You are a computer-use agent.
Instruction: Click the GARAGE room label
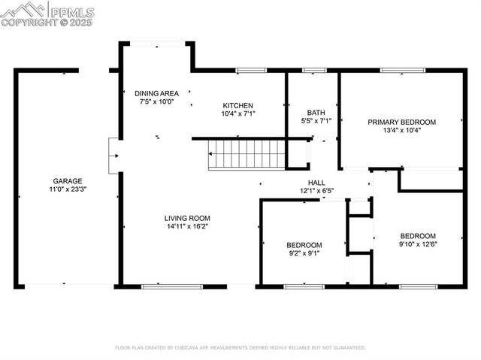coord(67,181)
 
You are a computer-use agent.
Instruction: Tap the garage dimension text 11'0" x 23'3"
coord(67,190)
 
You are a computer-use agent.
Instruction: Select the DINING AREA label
coord(156,93)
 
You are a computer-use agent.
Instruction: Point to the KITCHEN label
coord(238,105)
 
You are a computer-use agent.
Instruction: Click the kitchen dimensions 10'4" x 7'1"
coord(238,114)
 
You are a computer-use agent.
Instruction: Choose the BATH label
coord(316,111)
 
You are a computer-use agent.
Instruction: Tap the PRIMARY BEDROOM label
coord(401,122)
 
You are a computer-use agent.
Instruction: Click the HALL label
coord(316,182)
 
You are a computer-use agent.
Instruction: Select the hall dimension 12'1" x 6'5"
coord(316,191)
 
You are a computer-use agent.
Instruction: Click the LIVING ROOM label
coord(186,219)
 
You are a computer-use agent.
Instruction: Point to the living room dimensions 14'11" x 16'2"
coord(186,228)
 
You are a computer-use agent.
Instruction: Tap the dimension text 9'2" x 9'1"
coord(304,254)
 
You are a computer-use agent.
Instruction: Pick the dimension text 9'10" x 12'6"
coord(417,244)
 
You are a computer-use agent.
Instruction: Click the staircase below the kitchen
coord(247,155)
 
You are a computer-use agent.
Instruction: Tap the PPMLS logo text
coord(73,12)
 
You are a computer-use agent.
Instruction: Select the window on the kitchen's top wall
coord(251,71)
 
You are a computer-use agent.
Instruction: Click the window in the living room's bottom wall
coord(171,286)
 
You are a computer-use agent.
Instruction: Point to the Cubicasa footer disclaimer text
coord(240,348)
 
